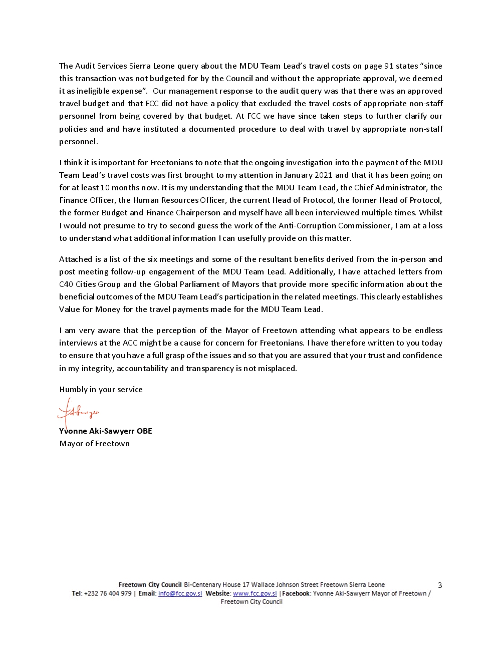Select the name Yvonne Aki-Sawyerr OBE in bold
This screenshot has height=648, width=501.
tap(106, 431)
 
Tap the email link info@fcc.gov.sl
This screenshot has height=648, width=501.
tap(180, 593)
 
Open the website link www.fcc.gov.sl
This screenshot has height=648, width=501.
tap(255, 593)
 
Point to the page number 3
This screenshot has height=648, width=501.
tap(440, 585)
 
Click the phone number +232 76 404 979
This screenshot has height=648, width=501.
tap(108, 593)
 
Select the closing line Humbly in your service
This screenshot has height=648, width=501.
tap(101, 390)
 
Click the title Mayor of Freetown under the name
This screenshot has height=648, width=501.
tap(94, 444)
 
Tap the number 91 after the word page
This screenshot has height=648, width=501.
tap(389, 66)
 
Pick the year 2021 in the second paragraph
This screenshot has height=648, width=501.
tap(323, 175)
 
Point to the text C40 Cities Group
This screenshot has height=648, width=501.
tap(90, 284)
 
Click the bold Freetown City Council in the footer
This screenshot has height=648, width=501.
tap(150, 585)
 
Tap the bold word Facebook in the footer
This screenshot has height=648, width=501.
tap(296, 593)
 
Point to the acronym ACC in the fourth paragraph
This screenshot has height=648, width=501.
tap(130, 343)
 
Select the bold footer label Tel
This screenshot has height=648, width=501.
tap(76, 593)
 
